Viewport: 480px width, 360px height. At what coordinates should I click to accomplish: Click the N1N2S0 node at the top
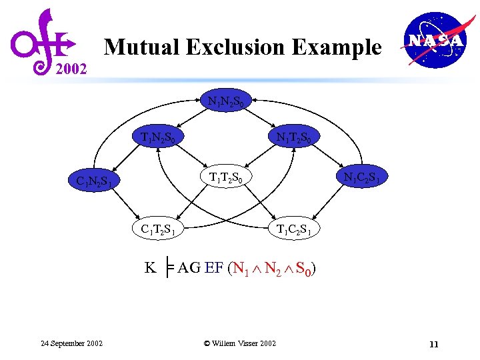[x=229, y=102]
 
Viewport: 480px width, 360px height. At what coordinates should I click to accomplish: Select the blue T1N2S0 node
[x=158, y=138]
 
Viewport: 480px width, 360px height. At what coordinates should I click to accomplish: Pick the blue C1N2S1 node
[x=98, y=181]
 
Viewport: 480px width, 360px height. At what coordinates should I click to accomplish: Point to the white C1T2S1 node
[x=158, y=229]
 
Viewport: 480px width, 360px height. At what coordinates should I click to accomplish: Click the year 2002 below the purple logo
[x=70, y=68]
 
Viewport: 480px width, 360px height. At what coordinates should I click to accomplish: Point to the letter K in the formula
[x=151, y=268]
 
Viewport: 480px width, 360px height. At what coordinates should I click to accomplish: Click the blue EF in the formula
[x=214, y=268]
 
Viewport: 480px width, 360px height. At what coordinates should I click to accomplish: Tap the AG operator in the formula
[x=189, y=268]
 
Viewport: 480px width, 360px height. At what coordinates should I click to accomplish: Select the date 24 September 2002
[x=71, y=343]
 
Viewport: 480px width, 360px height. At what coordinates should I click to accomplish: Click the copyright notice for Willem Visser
[x=239, y=343]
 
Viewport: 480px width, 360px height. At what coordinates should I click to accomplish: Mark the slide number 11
[x=434, y=344]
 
